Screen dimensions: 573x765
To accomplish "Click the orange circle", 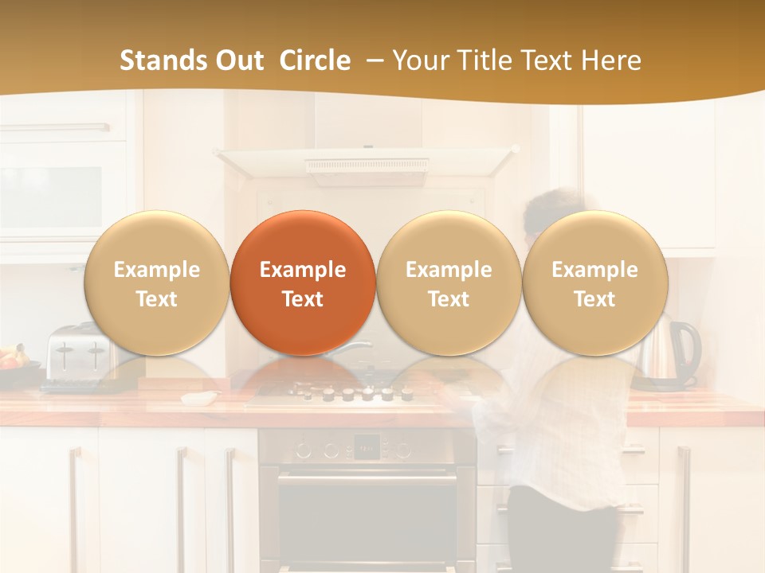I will pos(302,283).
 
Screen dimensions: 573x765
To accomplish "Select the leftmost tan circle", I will pos(156,283).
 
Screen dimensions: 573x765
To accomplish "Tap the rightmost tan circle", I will pos(594,283).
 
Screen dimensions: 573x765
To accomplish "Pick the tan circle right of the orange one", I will pos(449,283).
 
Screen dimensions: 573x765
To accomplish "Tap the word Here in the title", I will pos(613,60).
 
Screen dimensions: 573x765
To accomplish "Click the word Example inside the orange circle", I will pos(302,270).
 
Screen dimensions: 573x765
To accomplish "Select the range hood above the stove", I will pos(367,163).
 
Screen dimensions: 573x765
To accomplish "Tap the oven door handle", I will pos(367,479).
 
